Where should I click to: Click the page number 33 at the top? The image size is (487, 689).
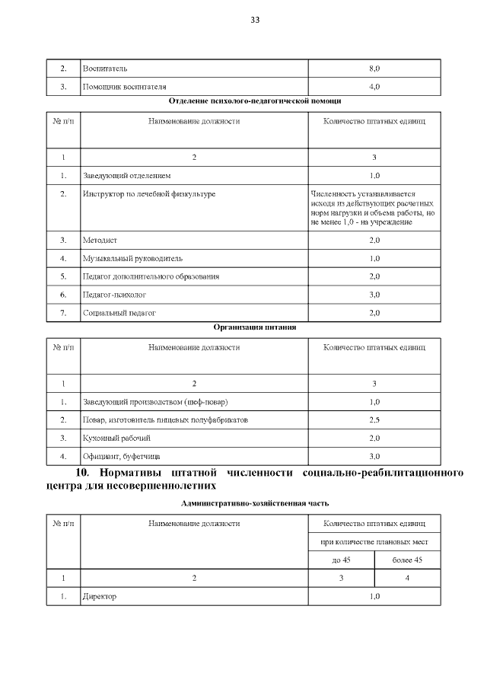coord(255,20)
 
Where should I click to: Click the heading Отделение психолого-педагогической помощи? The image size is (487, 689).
coord(254,100)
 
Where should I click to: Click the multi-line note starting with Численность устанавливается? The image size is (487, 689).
coord(373,208)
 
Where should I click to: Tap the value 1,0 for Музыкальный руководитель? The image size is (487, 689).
coord(374,258)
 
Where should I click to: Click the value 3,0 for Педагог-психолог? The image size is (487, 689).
coord(374,294)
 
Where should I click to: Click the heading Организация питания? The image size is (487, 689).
coord(254,327)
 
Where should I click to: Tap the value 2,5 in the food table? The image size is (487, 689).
coord(374,419)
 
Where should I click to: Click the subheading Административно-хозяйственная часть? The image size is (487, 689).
coord(254,504)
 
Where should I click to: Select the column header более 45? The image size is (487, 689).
coord(407,560)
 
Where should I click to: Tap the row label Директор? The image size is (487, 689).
coord(99,597)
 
